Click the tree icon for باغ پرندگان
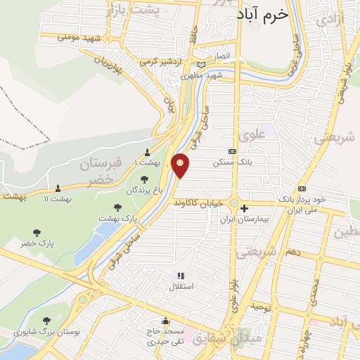pos(144,179)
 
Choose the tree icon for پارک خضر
pos(37,233)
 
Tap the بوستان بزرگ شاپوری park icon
pos(47,320)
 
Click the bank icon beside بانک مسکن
pos(233,151)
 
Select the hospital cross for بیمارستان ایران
pos(244,208)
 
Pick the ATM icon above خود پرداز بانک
pos(302,188)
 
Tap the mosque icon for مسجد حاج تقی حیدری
pos(165,321)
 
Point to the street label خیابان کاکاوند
pos(203,202)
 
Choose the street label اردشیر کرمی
pos(157,61)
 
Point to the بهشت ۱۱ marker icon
pos(58,188)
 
